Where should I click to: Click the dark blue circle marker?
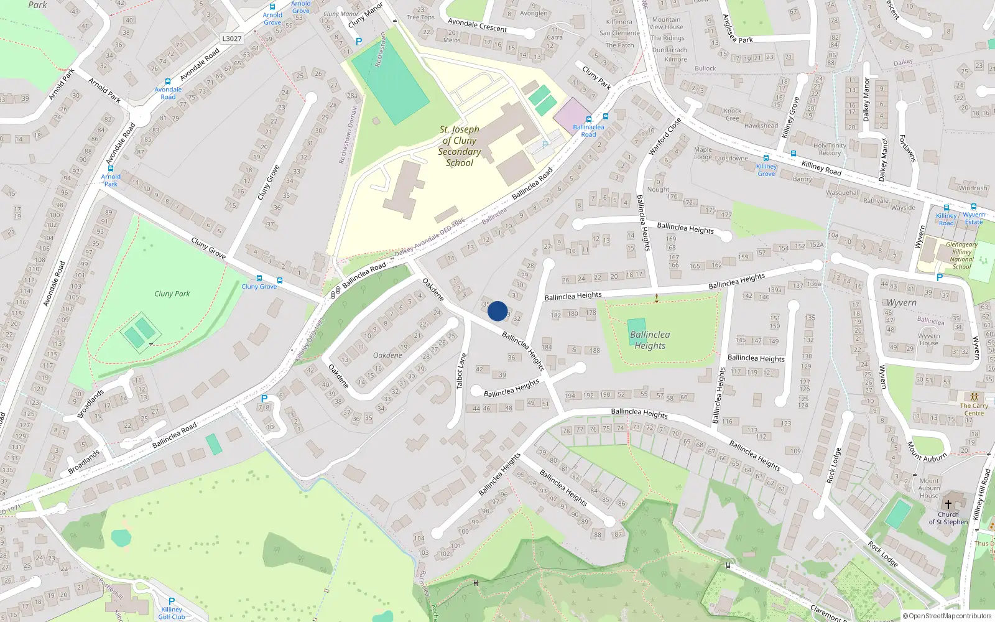point(497,311)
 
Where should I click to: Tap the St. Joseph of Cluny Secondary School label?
point(460,146)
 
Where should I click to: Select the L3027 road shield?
point(231,39)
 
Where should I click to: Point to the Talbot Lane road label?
point(461,371)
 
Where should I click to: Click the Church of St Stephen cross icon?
point(948,504)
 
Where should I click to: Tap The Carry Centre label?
point(974,409)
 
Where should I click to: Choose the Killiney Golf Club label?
point(172,613)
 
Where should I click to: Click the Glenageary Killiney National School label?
point(961,256)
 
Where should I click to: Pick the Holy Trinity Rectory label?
point(830,149)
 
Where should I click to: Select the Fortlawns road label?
point(908,149)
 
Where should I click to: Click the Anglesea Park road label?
point(738,29)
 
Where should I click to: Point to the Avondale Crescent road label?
point(477,25)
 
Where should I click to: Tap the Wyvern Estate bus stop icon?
point(974,207)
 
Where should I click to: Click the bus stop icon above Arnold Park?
point(111,169)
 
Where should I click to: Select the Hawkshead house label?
point(761,126)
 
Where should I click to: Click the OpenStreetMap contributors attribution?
point(947,616)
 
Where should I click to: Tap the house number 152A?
point(816,245)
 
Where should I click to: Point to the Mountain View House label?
point(666,23)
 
